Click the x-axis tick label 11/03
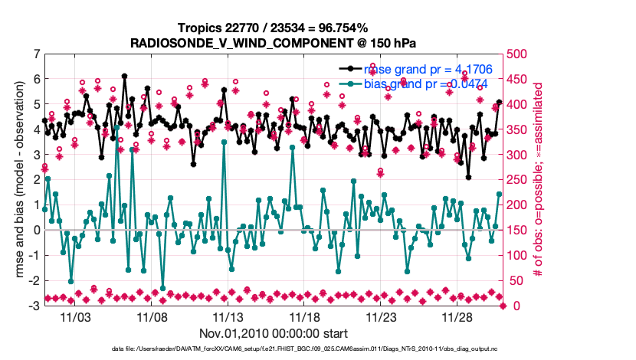tap(78, 316)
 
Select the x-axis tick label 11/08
tap(152, 316)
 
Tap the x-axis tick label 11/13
tap(228, 316)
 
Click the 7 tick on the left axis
tap(36, 54)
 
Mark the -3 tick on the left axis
tap(34, 306)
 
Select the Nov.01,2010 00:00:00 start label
tap(274, 333)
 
